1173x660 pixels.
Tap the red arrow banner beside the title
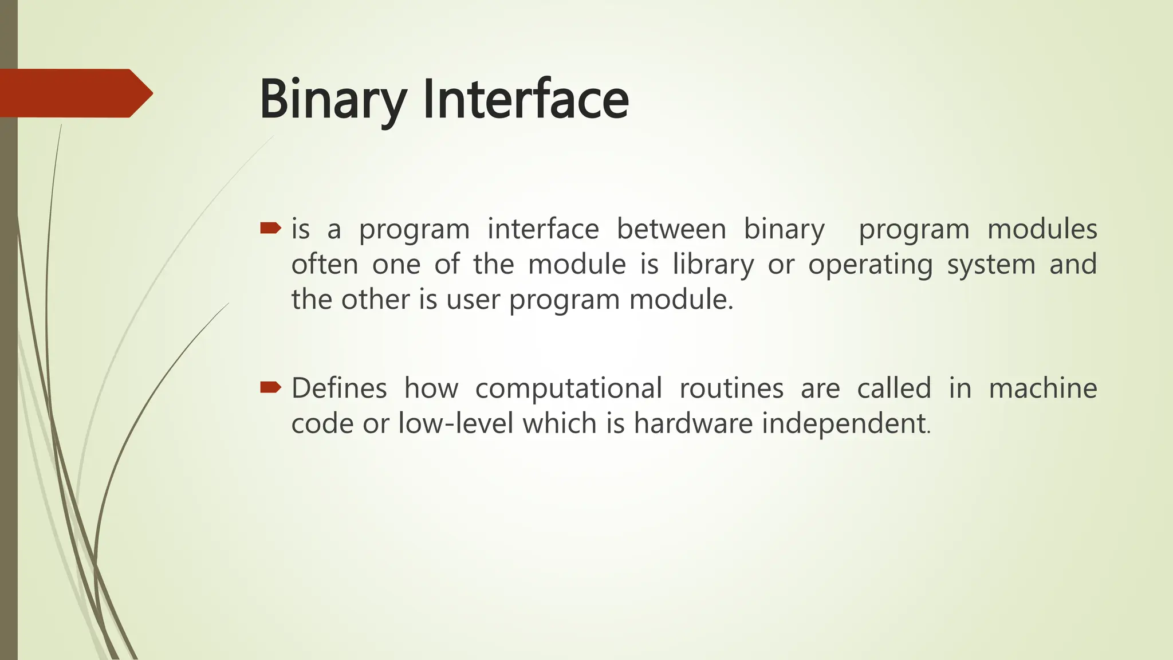click(x=74, y=93)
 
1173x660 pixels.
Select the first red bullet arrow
click(x=270, y=229)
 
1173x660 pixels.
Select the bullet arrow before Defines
click(x=270, y=388)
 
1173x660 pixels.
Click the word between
click(x=671, y=229)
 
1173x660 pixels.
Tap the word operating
click(x=870, y=265)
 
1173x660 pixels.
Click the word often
click(x=325, y=265)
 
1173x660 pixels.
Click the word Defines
click(x=339, y=388)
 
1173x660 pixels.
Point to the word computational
click(x=568, y=388)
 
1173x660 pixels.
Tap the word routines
click(x=731, y=388)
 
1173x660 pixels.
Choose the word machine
click(x=1042, y=388)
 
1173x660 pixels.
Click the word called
click(x=893, y=388)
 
